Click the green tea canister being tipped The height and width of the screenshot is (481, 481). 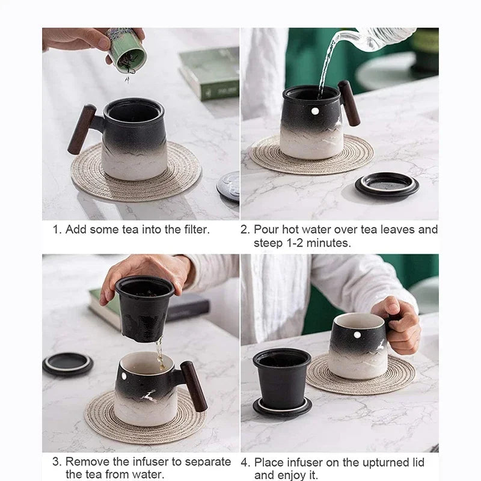pyautogui.click(x=127, y=51)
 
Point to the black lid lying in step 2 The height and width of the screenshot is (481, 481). pyautogui.click(x=387, y=185)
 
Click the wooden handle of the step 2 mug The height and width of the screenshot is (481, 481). pyautogui.click(x=349, y=103)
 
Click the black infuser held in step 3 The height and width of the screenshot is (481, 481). pyautogui.click(x=144, y=307)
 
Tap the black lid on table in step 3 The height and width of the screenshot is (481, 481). pyautogui.click(x=67, y=364)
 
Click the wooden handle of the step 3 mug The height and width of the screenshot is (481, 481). pyautogui.click(x=194, y=386)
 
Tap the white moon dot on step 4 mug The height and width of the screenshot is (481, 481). pyautogui.click(x=357, y=334)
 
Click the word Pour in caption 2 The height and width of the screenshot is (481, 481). pyautogui.click(x=265, y=229)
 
